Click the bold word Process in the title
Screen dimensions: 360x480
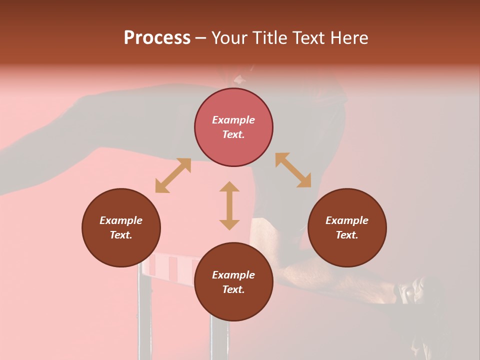pyautogui.click(x=157, y=38)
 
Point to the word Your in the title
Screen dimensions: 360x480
pyautogui.click(x=229, y=38)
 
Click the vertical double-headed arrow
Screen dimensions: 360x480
pyautogui.click(x=229, y=205)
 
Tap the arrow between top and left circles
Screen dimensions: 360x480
pyautogui.click(x=173, y=175)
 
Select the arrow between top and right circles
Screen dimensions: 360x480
pyautogui.click(x=293, y=170)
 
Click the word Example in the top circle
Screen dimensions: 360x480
pyautogui.click(x=233, y=120)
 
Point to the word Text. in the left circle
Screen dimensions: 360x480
pyautogui.click(x=121, y=235)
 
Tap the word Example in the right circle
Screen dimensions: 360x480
pyautogui.click(x=347, y=220)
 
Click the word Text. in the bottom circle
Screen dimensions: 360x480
pyautogui.click(x=233, y=289)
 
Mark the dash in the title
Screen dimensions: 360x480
pyautogui.click(x=201, y=38)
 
